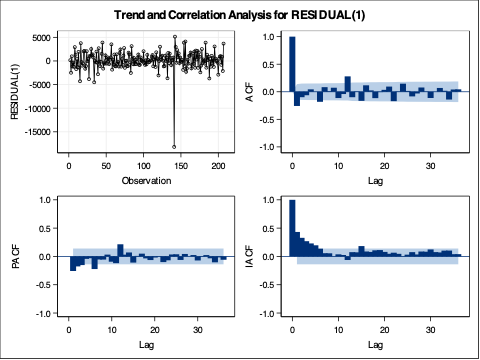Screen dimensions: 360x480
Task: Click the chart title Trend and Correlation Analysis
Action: coord(239,15)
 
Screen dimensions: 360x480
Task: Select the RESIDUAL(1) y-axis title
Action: coord(15,92)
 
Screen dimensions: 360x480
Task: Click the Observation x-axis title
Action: coord(139,181)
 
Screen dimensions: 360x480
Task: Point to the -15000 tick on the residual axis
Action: coord(46,131)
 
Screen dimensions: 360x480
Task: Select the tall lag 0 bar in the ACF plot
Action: coord(292,64)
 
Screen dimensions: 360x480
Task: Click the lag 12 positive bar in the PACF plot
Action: coord(120,250)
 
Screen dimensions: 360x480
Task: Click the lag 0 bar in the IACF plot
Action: coord(292,228)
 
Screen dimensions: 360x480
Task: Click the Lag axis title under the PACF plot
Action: coord(139,345)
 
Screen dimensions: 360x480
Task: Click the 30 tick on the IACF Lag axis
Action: coord(431,330)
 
